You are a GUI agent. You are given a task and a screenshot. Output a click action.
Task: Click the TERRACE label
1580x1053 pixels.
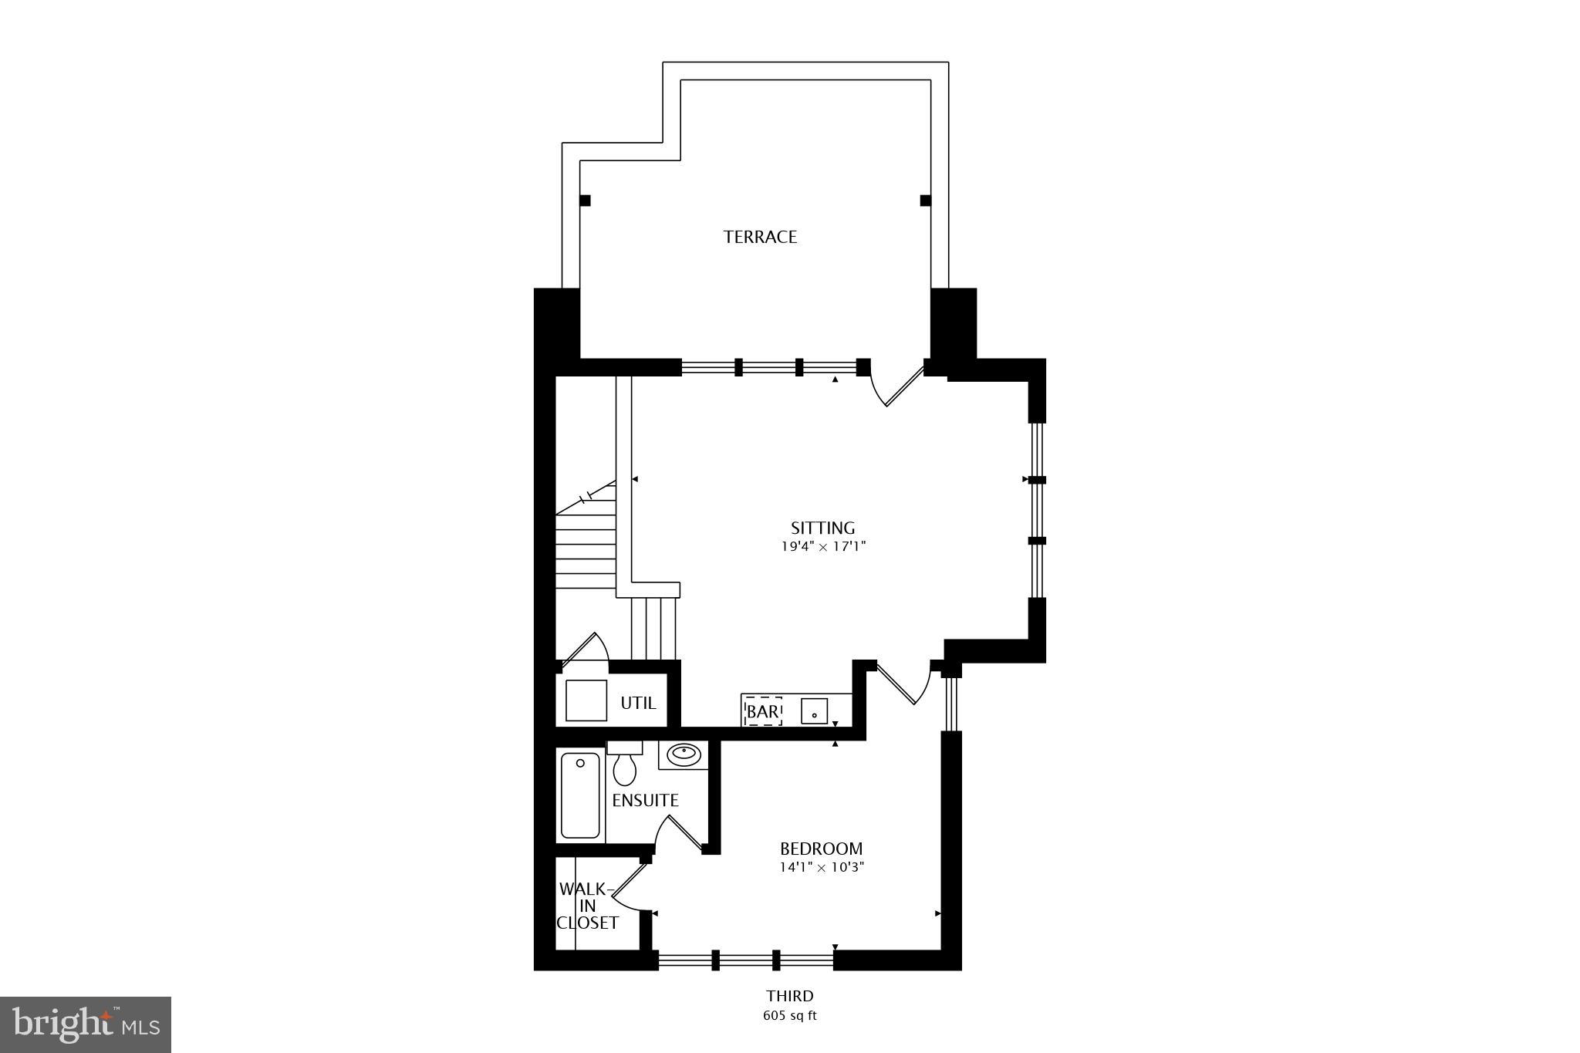[x=760, y=237]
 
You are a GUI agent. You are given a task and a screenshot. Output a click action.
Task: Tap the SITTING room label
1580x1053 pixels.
[x=822, y=528]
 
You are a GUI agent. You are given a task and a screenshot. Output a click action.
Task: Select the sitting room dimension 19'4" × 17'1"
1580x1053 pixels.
[x=822, y=547]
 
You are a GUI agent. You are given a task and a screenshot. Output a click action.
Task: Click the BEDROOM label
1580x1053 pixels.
[x=821, y=849]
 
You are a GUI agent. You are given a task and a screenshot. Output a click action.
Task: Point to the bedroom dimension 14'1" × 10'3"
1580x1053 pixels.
[x=821, y=867]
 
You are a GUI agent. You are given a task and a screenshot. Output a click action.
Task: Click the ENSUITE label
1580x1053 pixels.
[x=645, y=801]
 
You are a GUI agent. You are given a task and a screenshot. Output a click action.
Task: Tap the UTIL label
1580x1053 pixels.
[x=638, y=703]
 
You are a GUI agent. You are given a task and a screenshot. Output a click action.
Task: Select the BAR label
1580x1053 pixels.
[x=762, y=711]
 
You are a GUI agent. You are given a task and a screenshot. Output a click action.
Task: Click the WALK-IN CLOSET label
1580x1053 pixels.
[x=588, y=906]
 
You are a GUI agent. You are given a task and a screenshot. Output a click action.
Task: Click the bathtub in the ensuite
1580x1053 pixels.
[x=580, y=795]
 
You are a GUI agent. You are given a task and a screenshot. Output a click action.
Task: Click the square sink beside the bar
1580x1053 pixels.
[x=814, y=710]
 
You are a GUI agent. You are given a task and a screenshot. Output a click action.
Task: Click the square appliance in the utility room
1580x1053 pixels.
[x=586, y=700]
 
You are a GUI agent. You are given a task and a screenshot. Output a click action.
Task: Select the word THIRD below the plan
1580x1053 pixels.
[x=789, y=996]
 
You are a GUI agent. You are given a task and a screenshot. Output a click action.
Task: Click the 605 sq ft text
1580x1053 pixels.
[x=789, y=1015]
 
